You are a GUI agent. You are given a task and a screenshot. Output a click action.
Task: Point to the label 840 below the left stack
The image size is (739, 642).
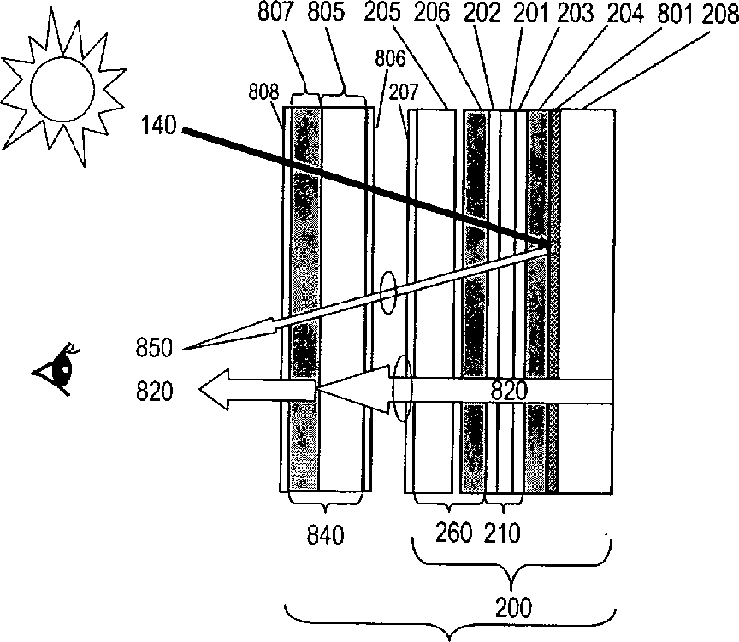coord(325,535)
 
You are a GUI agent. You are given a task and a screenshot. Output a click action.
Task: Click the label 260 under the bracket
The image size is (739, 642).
coord(453,533)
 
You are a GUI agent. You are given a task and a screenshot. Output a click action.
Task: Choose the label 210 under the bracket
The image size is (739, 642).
coord(501,533)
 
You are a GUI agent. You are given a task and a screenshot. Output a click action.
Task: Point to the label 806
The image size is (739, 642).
coord(389,59)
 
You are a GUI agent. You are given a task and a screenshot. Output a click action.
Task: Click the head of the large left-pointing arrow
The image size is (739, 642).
coord(221,392)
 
